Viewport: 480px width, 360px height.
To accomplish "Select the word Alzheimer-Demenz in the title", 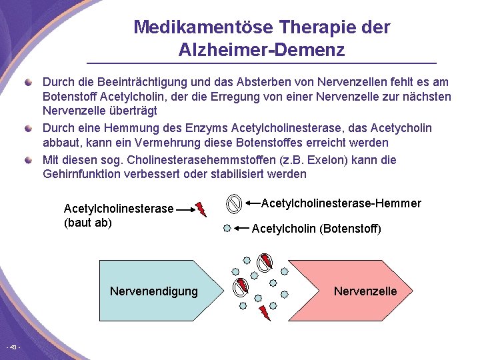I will click(x=261, y=50).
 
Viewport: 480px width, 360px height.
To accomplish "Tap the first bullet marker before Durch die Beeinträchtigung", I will click(x=28, y=82).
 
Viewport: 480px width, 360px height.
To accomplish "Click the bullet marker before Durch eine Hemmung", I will click(x=28, y=127).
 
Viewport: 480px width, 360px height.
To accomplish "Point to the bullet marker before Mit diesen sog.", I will click(x=28, y=159).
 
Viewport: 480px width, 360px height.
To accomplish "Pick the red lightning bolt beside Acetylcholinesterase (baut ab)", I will click(x=201, y=209).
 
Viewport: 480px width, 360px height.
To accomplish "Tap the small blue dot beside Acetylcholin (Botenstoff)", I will click(x=227, y=229).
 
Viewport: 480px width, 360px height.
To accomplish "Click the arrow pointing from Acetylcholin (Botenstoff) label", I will click(x=241, y=229).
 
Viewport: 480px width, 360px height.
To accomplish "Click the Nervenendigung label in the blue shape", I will click(x=153, y=291).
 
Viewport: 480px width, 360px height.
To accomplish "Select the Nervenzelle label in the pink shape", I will click(x=365, y=291).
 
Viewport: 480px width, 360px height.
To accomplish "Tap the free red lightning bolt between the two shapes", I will click(x=265, y=311).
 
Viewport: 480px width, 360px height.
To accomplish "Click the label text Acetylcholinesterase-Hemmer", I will click(x=341, y=203).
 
